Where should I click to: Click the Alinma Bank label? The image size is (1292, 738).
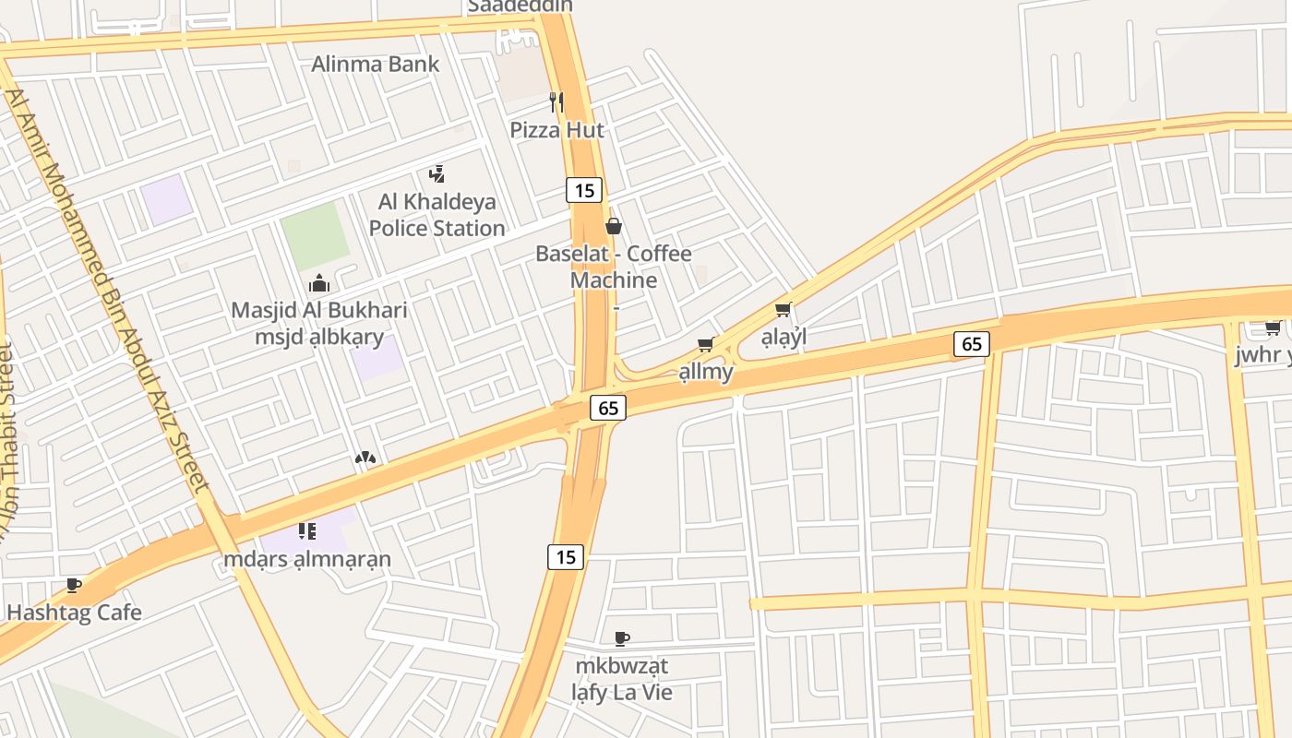(376, 65)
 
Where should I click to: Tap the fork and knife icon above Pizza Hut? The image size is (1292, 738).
(556, 101)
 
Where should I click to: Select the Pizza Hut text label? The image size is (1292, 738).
(557, 130)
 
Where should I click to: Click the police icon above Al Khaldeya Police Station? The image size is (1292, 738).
(437, 173)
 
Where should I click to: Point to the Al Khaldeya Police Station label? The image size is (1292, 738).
(437, 215)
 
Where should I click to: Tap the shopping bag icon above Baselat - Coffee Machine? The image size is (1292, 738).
(613, 226)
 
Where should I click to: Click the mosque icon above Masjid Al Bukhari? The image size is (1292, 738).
(319, 283)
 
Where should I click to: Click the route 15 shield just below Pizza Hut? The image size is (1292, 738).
(583, 191)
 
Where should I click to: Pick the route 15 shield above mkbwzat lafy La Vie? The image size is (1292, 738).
(566, 556)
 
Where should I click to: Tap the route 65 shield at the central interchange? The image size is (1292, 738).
(607, 407)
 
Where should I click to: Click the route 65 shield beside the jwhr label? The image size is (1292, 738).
(971, 344)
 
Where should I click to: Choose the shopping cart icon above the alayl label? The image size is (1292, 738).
(784, 310)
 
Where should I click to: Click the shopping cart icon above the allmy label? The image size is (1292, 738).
(706, 344)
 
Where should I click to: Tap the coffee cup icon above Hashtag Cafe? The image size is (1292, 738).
(74, 585)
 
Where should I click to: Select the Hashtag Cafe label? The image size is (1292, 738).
(74, 613)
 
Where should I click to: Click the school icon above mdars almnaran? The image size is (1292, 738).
(307, 530)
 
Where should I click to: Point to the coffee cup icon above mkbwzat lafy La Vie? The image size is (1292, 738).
(622, 638)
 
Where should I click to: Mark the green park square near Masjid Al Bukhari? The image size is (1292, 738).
(316, 235)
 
